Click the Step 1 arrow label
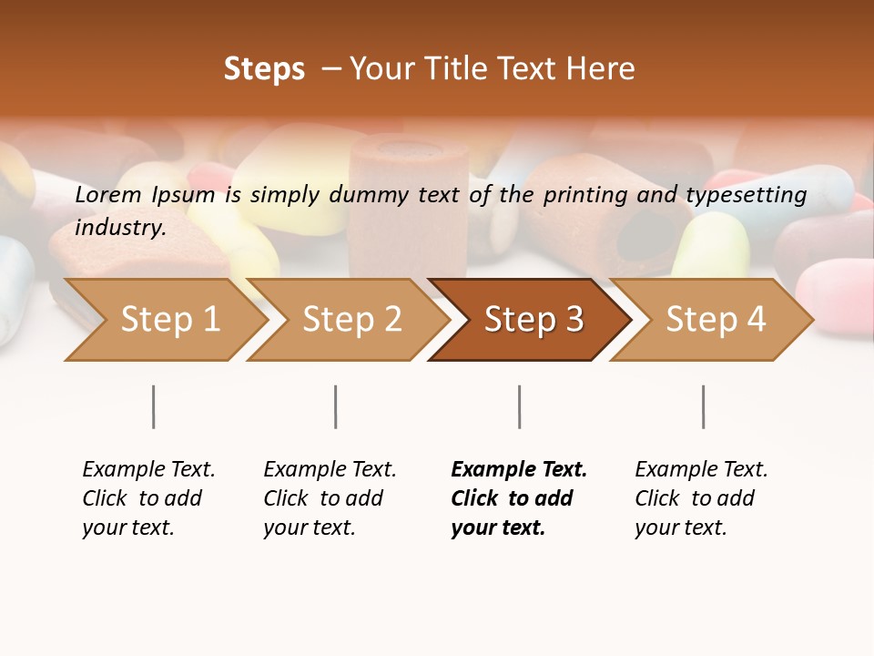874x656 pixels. point(170,319)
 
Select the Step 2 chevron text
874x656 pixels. point(352,319)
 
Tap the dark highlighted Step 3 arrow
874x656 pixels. point(534,319)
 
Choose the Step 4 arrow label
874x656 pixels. point(716,319)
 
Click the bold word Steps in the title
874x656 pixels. point(264,69)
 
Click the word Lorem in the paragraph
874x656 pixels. point(107,194)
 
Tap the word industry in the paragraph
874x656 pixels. point(120,228)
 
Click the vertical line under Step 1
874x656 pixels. point(153,406)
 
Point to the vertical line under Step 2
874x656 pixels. point(335,406)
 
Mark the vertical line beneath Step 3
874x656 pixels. point(519,406)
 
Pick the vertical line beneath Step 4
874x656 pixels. point(703,406)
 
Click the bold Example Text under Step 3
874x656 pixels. point(519,469)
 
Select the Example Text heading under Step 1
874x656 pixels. point(148,469)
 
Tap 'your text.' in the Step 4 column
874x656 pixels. point(680,528)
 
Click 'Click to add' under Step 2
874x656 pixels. point(323,498)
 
